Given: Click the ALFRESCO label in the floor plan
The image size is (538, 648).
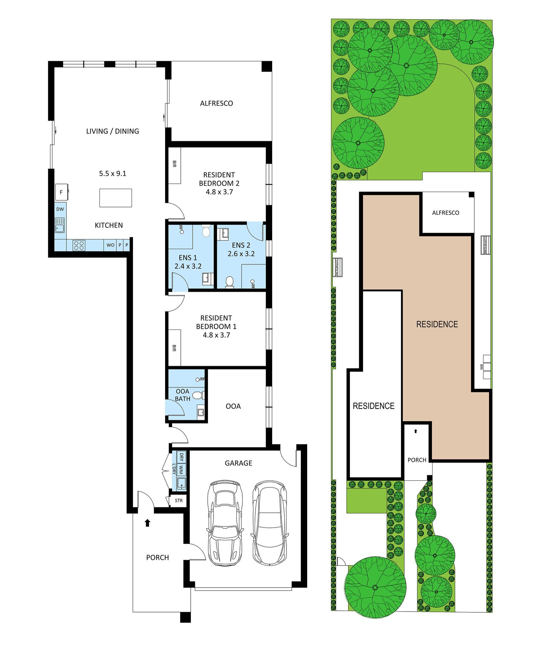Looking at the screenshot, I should click(216, 103).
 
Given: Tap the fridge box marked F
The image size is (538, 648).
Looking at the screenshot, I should click(61, 192).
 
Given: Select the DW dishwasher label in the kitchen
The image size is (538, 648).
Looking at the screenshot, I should click(60, 209).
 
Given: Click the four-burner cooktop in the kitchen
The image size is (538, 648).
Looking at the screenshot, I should click(79, 245).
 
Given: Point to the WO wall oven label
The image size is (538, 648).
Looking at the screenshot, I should click(111, 245).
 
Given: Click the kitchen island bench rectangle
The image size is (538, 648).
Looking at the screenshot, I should click(116, 198).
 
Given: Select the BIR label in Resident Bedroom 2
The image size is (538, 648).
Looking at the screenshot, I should click(174, 164).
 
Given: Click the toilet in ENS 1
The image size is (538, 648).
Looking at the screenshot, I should click(206, 231).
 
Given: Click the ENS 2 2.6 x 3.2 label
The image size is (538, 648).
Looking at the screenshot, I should click(241, 249).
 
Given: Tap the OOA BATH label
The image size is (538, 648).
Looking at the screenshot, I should click(182, 395).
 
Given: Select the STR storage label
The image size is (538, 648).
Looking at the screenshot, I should click(179, 501).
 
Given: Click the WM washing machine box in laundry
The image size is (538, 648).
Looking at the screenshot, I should click(181, 471).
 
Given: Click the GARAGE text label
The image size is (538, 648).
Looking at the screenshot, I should click(238, 463).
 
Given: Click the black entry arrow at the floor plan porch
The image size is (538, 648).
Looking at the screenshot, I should click(147, 523).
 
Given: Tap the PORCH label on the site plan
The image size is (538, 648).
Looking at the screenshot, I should click(417, 460).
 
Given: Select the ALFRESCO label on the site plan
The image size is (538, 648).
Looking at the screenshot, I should click(445, 213).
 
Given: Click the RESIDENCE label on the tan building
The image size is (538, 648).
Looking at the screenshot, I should click(437, 324).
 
